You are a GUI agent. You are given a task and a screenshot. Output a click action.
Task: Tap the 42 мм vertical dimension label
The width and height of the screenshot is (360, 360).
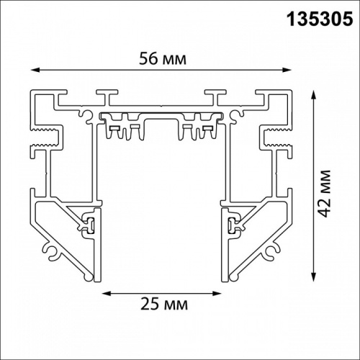pyautogui.click(x=328, y=188)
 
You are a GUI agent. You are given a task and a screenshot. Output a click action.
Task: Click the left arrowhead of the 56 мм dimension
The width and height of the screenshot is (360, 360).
pyautogui.click(x=34, y=69)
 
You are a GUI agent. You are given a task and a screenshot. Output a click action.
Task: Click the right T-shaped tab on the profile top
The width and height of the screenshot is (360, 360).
pyautogui.click(x=213, y=96)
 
